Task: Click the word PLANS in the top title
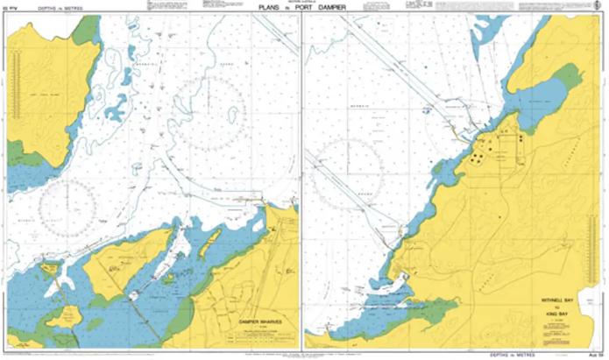click(267, 8)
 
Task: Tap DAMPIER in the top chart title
click(331, 8)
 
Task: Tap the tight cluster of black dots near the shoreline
click(478, 159)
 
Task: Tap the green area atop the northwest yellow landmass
click(86, 31)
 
